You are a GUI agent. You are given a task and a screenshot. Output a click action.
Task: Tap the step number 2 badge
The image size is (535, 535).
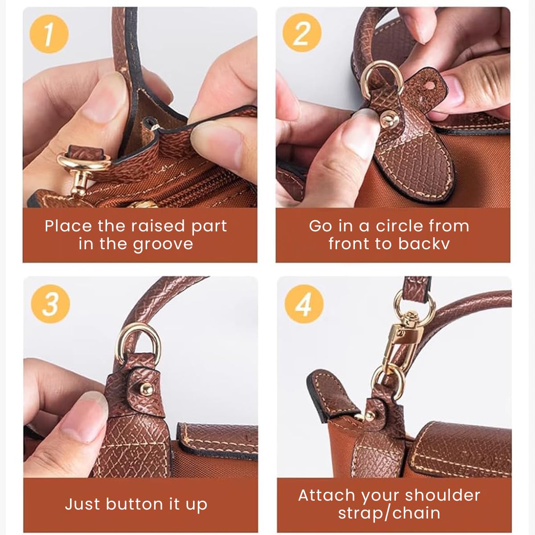coord(302,34)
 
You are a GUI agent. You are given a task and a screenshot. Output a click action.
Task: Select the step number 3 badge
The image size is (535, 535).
coord(50,304)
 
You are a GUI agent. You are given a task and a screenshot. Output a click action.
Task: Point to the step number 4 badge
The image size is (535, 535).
coord(304,304)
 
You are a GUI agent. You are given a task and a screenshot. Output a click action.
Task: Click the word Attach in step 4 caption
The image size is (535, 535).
coord(327,495)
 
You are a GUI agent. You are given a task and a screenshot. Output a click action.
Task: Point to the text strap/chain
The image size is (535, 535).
coord(389,513)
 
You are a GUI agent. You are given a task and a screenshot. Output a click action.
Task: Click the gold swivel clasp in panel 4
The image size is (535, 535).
coord(395,339)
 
